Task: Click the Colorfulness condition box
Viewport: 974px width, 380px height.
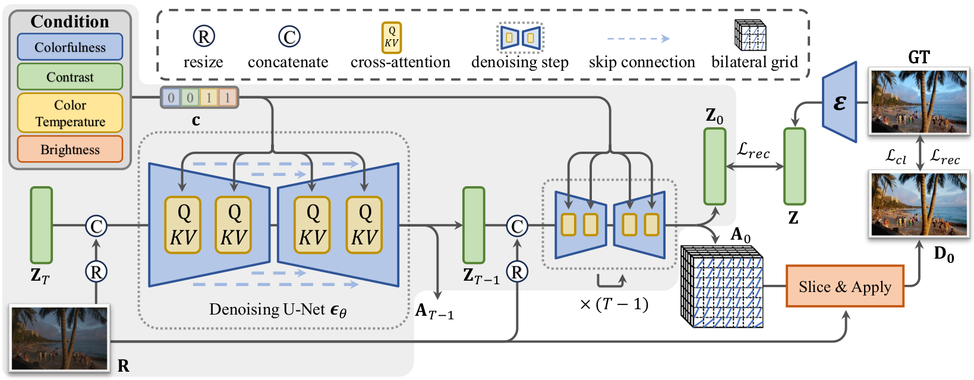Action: click(70, 47)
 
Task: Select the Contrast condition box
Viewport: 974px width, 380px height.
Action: click(70, 77)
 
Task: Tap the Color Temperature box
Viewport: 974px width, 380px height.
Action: click(70, 113)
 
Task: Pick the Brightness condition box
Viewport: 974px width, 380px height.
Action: click(70, 149)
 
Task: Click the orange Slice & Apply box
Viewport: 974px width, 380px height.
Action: click(844, 287)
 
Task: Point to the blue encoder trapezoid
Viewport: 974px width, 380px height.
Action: click(839, 103)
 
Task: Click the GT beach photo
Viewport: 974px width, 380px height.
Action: click(919, 101)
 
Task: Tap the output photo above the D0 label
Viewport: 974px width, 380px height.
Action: click(919, 204)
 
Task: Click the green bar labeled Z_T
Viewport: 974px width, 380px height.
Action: click(41, 225)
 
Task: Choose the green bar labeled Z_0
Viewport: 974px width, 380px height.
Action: click(714, 167)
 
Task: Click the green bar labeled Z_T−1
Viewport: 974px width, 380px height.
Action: click(473, 225)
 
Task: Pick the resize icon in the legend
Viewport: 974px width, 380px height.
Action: click(203, 37)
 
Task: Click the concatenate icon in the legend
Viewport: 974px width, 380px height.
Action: click(289, 37)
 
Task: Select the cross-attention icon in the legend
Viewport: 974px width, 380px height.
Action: click(391, 38)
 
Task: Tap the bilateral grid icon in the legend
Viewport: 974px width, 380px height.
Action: click(750, 35)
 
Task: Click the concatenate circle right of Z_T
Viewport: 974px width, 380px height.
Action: click(96, 226)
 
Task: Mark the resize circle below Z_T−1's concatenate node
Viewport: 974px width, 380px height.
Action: click(517, 272)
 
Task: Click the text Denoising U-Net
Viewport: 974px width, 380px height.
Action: click(267, 309)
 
